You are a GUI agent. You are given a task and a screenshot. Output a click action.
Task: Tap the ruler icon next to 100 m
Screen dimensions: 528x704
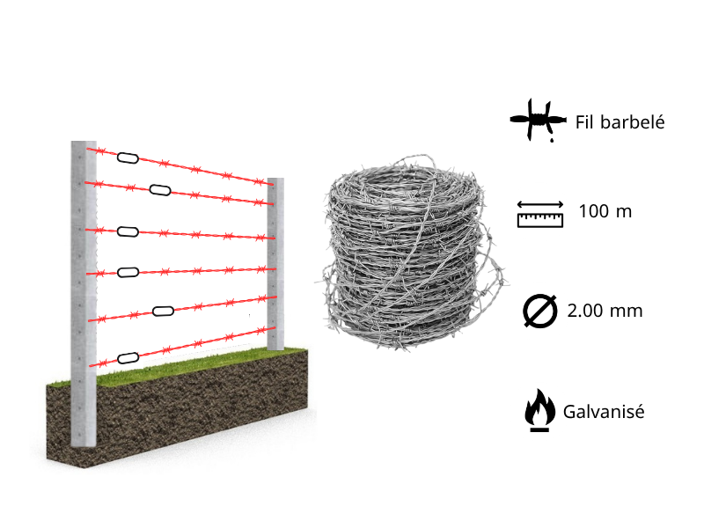click(539, 214)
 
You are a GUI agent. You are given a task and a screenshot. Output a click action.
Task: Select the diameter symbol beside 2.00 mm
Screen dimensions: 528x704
click(539, 311)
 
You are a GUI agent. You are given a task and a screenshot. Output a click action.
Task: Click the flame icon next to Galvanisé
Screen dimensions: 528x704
click(539, 411)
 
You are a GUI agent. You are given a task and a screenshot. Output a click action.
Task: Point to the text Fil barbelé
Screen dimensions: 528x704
click(619, 122)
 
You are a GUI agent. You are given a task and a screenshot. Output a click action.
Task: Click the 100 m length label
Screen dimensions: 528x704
click(605, 212)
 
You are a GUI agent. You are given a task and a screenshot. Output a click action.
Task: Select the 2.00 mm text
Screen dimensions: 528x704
click(605, 311)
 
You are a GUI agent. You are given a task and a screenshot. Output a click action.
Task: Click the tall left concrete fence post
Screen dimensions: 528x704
click(83, 299)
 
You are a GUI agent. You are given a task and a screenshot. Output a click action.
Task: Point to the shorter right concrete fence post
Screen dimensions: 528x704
click(275, 264)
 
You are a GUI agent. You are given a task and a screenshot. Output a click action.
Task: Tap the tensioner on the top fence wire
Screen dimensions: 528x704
click(128, 158)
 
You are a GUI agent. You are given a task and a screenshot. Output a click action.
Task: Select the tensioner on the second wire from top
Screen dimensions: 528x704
click(160, 189)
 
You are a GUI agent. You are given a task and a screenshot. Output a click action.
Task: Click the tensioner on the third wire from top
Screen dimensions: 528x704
click(128, 231)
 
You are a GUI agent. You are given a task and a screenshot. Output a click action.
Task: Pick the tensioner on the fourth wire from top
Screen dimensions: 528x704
click(128, 272)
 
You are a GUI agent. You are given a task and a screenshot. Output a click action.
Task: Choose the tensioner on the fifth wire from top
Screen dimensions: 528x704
click(164, 310)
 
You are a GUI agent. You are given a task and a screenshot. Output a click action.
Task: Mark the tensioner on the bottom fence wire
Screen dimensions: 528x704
click(128, 357)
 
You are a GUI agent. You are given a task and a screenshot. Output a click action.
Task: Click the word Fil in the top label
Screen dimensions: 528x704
click(586, 122)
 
